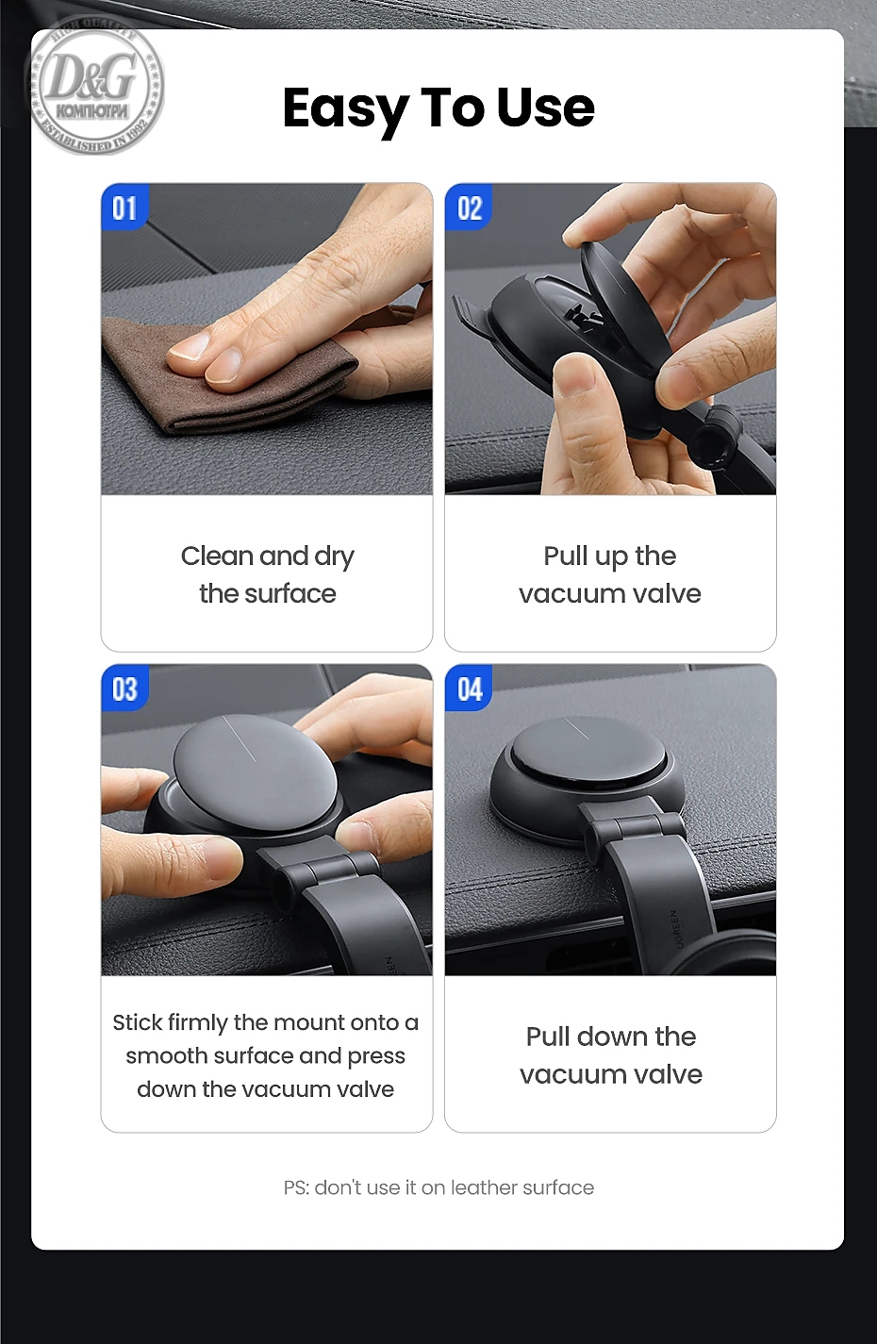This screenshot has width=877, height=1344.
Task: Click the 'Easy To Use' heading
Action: (438, 108)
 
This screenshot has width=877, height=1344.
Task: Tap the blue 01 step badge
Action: (124, 207)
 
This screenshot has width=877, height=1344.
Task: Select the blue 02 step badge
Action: (469, 207)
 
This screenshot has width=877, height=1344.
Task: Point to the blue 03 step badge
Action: (124, 689)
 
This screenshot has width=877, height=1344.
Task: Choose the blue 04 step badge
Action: (469, 689)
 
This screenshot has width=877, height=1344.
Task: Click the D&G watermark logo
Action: (94, 84)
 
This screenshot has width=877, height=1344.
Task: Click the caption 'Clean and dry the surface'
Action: (268, 574)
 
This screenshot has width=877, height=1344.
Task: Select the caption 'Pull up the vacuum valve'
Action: (610, 574)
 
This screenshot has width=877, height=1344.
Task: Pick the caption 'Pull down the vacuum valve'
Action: (611, 1055)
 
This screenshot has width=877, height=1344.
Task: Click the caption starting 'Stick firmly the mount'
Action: (266, 1056)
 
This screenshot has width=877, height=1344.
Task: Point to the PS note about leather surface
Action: (438, 1187)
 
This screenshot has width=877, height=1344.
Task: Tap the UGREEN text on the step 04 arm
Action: (676, 929)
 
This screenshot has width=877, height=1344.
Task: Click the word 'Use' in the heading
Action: (546, 108)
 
